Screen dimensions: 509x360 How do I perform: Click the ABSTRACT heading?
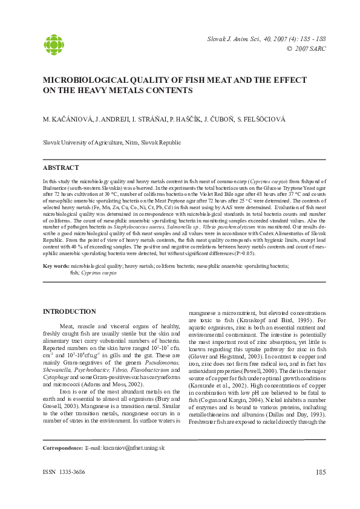pyautogui.click(x=61, y=167)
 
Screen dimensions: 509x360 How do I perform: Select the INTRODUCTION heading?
pyautogui.click(x=69, y=311)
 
